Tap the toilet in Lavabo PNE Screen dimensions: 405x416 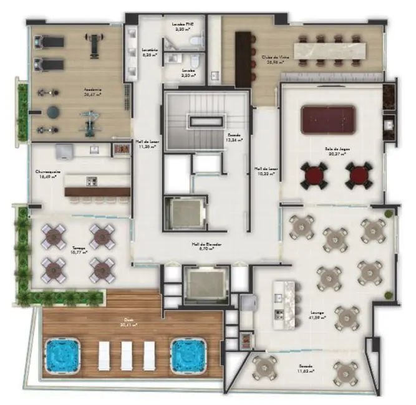[196, 41]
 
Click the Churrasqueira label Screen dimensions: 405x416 [46, 174]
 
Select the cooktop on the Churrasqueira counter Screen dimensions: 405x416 [92, 182]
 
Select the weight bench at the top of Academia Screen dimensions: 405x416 [94, 44]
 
